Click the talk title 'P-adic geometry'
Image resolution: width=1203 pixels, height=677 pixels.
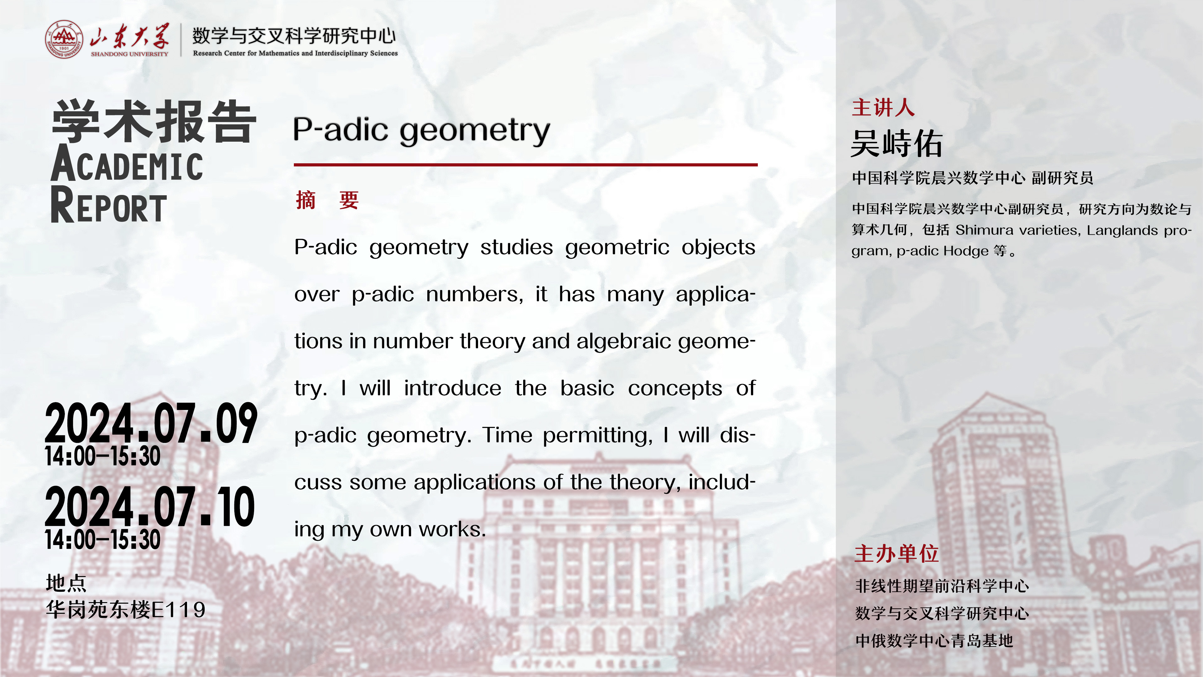point(422,131)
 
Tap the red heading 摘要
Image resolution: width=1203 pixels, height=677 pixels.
point(327,201)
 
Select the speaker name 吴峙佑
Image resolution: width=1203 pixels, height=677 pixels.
point(897,144)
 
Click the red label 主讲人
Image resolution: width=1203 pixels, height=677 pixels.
point(883,108)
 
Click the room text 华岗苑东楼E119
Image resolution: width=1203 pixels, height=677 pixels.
point(126,610)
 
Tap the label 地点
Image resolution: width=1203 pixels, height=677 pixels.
point(66,583)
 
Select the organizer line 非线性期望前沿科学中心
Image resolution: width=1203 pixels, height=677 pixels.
point(942,586)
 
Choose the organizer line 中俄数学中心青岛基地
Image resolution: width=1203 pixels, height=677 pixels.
point(934,641)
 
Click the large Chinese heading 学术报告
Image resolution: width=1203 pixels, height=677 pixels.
point(154,122)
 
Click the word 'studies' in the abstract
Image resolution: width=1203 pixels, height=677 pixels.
point(517,247)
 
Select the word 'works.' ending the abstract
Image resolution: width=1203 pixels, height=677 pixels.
point(452,529)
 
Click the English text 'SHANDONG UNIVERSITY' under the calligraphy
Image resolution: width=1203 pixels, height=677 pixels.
point(129,54)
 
